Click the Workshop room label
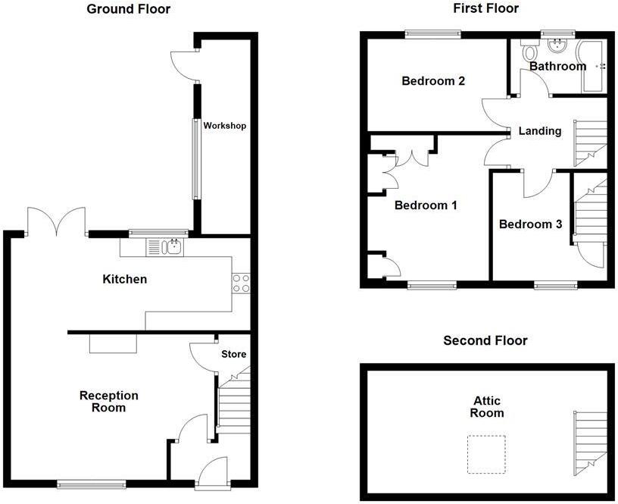click(225, 126)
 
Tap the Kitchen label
click(124, 279)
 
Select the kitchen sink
click(165, 248)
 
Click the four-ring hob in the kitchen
click(241, 283)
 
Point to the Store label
click(234, 354)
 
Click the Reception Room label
click(109, 402)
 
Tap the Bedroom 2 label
click(433, 81)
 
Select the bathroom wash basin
click(557, 45)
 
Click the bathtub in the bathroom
click(591, 65)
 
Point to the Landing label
click(540, 131)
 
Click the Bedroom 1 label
click(426, 205)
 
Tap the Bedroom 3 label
click(530, 224)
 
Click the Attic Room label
click(487, 407)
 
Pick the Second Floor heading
click(485, 340)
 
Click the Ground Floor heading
click(129, 8)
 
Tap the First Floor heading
click(485, 8)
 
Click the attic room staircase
click(590, 443)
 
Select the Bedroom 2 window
click(433, 34)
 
